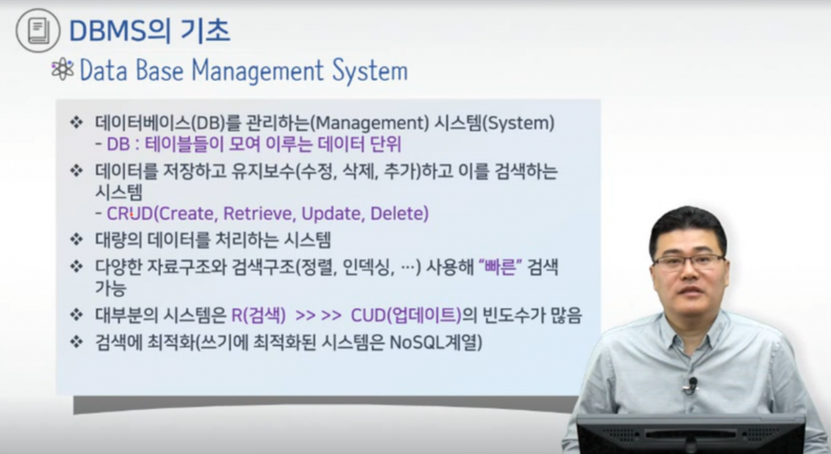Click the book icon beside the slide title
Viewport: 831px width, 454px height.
click(x=38, y=30)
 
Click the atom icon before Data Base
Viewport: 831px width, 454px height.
click(x=62, y=69)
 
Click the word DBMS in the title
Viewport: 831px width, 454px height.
click(x=108, y=31)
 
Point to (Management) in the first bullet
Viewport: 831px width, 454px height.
click(x=370, y=123)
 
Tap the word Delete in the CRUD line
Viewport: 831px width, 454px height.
click(x=397, y=213)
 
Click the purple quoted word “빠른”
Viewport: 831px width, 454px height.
click(x=500, y=267)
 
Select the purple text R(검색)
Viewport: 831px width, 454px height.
click(x=259, y=316)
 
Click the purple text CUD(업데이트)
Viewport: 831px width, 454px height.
click(x=406, y=316)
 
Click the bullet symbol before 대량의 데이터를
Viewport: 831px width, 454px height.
click(x=77, y=240)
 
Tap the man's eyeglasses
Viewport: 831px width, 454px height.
click(x=689, y=262)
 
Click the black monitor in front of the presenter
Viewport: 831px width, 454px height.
click(x=691, y=435)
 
